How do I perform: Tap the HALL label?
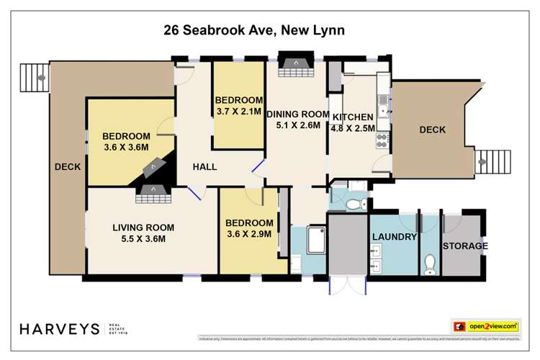204,167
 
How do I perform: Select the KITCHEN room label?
352,117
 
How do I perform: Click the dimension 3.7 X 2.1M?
239,112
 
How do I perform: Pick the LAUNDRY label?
394,237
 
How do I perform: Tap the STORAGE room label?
465,246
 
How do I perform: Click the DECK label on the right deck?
432,130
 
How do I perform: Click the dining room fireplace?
292,66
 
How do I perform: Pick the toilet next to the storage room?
430,264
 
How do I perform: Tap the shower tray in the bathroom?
310,240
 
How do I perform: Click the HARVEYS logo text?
59,328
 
